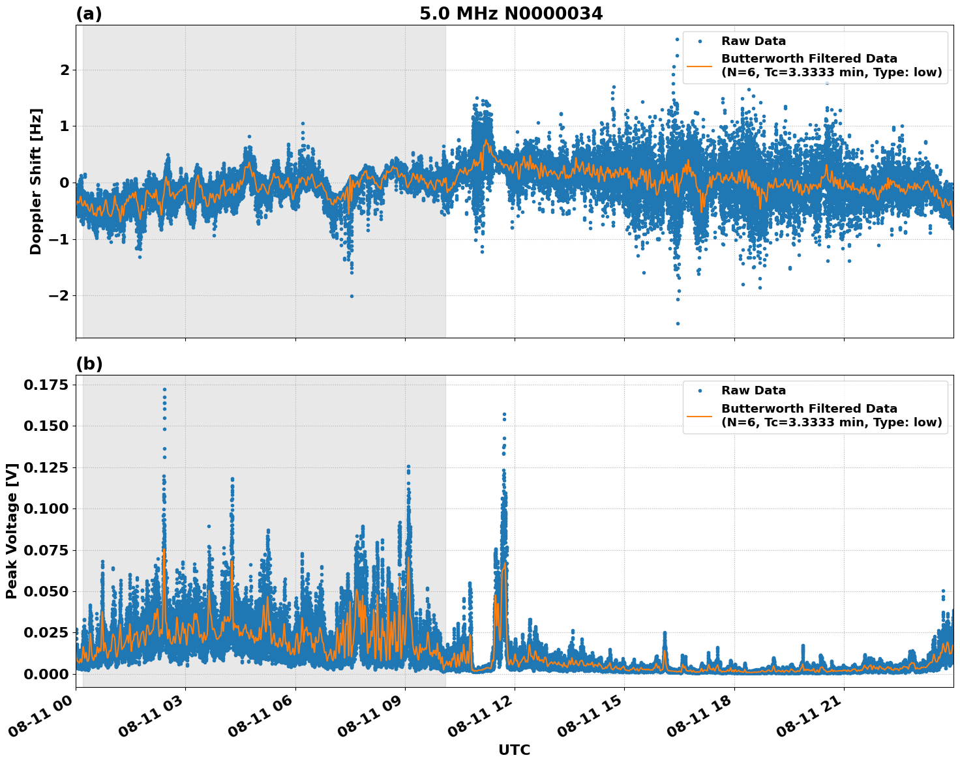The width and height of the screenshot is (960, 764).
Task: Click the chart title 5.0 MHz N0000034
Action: [x=511, y=14]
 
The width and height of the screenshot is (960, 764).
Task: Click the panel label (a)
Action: [x=89, y=14]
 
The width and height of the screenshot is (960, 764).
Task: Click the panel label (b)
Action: [x=89, y=364]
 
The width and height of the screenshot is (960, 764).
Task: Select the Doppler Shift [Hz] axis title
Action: [x=36, y=181]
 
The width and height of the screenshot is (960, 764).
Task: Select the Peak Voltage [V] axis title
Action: [x=11, y=531]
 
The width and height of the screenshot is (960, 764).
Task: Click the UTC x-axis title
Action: [x=514, y=750]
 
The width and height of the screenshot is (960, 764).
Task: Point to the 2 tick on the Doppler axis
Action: [x=64, y=70]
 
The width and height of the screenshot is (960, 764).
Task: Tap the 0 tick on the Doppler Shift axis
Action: [x=64, y=183]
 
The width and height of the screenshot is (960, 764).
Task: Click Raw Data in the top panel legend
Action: [x=753, y=41]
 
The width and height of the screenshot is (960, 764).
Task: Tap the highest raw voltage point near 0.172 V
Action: [x=164, y=389]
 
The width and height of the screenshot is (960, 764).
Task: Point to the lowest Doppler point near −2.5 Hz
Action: [x=678, y=323]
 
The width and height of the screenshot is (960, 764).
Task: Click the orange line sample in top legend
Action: [x=700, y=65]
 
